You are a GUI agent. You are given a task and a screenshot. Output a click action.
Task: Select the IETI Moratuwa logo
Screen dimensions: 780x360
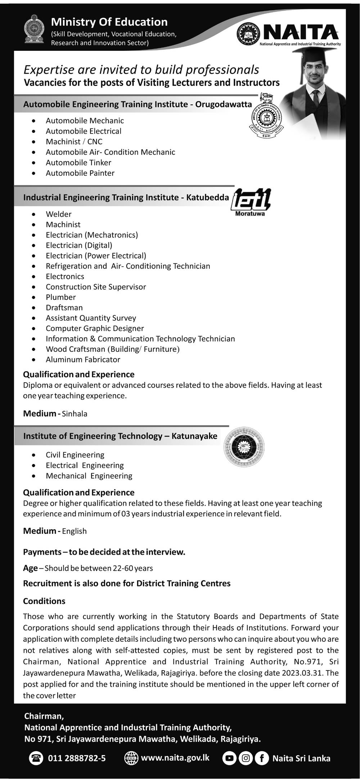pyautogui.click(x=251, y=202)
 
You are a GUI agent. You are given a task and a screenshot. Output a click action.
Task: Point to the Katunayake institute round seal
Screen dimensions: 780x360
pyautogui.click(x=244, y=446)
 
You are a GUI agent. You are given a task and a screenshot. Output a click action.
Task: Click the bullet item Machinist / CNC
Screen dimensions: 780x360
pyautogui.click(x=74, y=141)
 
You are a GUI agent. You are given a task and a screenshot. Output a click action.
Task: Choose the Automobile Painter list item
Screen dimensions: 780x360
pyautogui.click(x=80, y=173)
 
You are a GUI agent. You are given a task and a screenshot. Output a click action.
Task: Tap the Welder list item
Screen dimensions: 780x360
pyautogui.click(x=58, y=214)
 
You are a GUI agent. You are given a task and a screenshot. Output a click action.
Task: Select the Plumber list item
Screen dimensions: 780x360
pyautogui.click(x=60, y=297)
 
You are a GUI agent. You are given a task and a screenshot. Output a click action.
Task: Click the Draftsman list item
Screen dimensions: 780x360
pyautogui.click(x=64, y=308)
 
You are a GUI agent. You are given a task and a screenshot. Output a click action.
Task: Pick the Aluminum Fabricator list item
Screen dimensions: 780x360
pyautogui.click(x=83, y=360)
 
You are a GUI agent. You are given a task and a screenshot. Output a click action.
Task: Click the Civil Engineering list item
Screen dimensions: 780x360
pyautogui.click(x=75, y=455)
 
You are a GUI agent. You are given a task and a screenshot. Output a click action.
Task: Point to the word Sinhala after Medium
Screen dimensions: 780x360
pyautogui.click(x=75, y=414)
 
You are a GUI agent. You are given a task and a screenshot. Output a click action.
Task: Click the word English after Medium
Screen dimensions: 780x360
pyautogui.click(x=74, y=531)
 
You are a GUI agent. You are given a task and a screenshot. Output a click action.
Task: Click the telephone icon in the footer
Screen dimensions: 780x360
pyautogui.click(x=36, y=758)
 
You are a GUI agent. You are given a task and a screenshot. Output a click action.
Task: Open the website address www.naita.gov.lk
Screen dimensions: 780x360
pyautogui.click(x=175, y=758)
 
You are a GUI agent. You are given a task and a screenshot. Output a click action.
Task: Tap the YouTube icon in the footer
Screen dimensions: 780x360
pyautogui.click(x=229, y=758)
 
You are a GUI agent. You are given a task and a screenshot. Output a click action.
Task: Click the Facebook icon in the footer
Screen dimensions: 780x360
pyautogui.click(x=262, y=758)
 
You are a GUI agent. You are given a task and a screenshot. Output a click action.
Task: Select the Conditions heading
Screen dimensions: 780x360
pyautogui.click(x=44, y=601)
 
